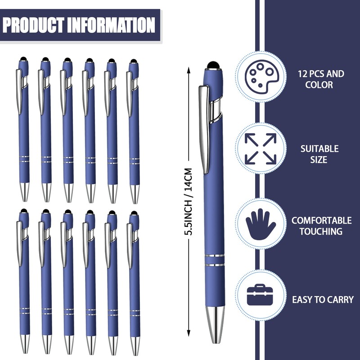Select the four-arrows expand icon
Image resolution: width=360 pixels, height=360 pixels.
pyautogui.click(x=261, y=148)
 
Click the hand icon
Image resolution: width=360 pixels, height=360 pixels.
pyautogui.click(x=261, y=222)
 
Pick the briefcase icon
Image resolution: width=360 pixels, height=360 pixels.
pyautogui.click(x=261, y=295)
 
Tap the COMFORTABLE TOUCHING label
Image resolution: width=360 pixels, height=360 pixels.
pyautogui.click(x=321, y=226)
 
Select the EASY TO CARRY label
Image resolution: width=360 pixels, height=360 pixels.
pyautogui.click(x=323, y=299)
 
